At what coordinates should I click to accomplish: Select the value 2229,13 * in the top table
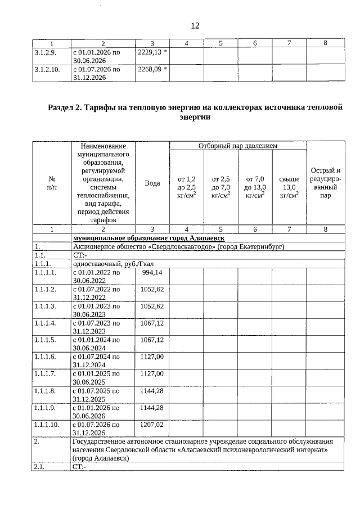point(152,52)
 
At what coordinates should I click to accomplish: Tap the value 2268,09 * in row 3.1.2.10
point(152,70)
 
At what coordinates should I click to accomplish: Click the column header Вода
point(152,183)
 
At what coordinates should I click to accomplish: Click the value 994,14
point(154,272)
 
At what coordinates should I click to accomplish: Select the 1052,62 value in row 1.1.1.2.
point(152,289)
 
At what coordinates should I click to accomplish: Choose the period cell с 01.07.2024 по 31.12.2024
point(96,361)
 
